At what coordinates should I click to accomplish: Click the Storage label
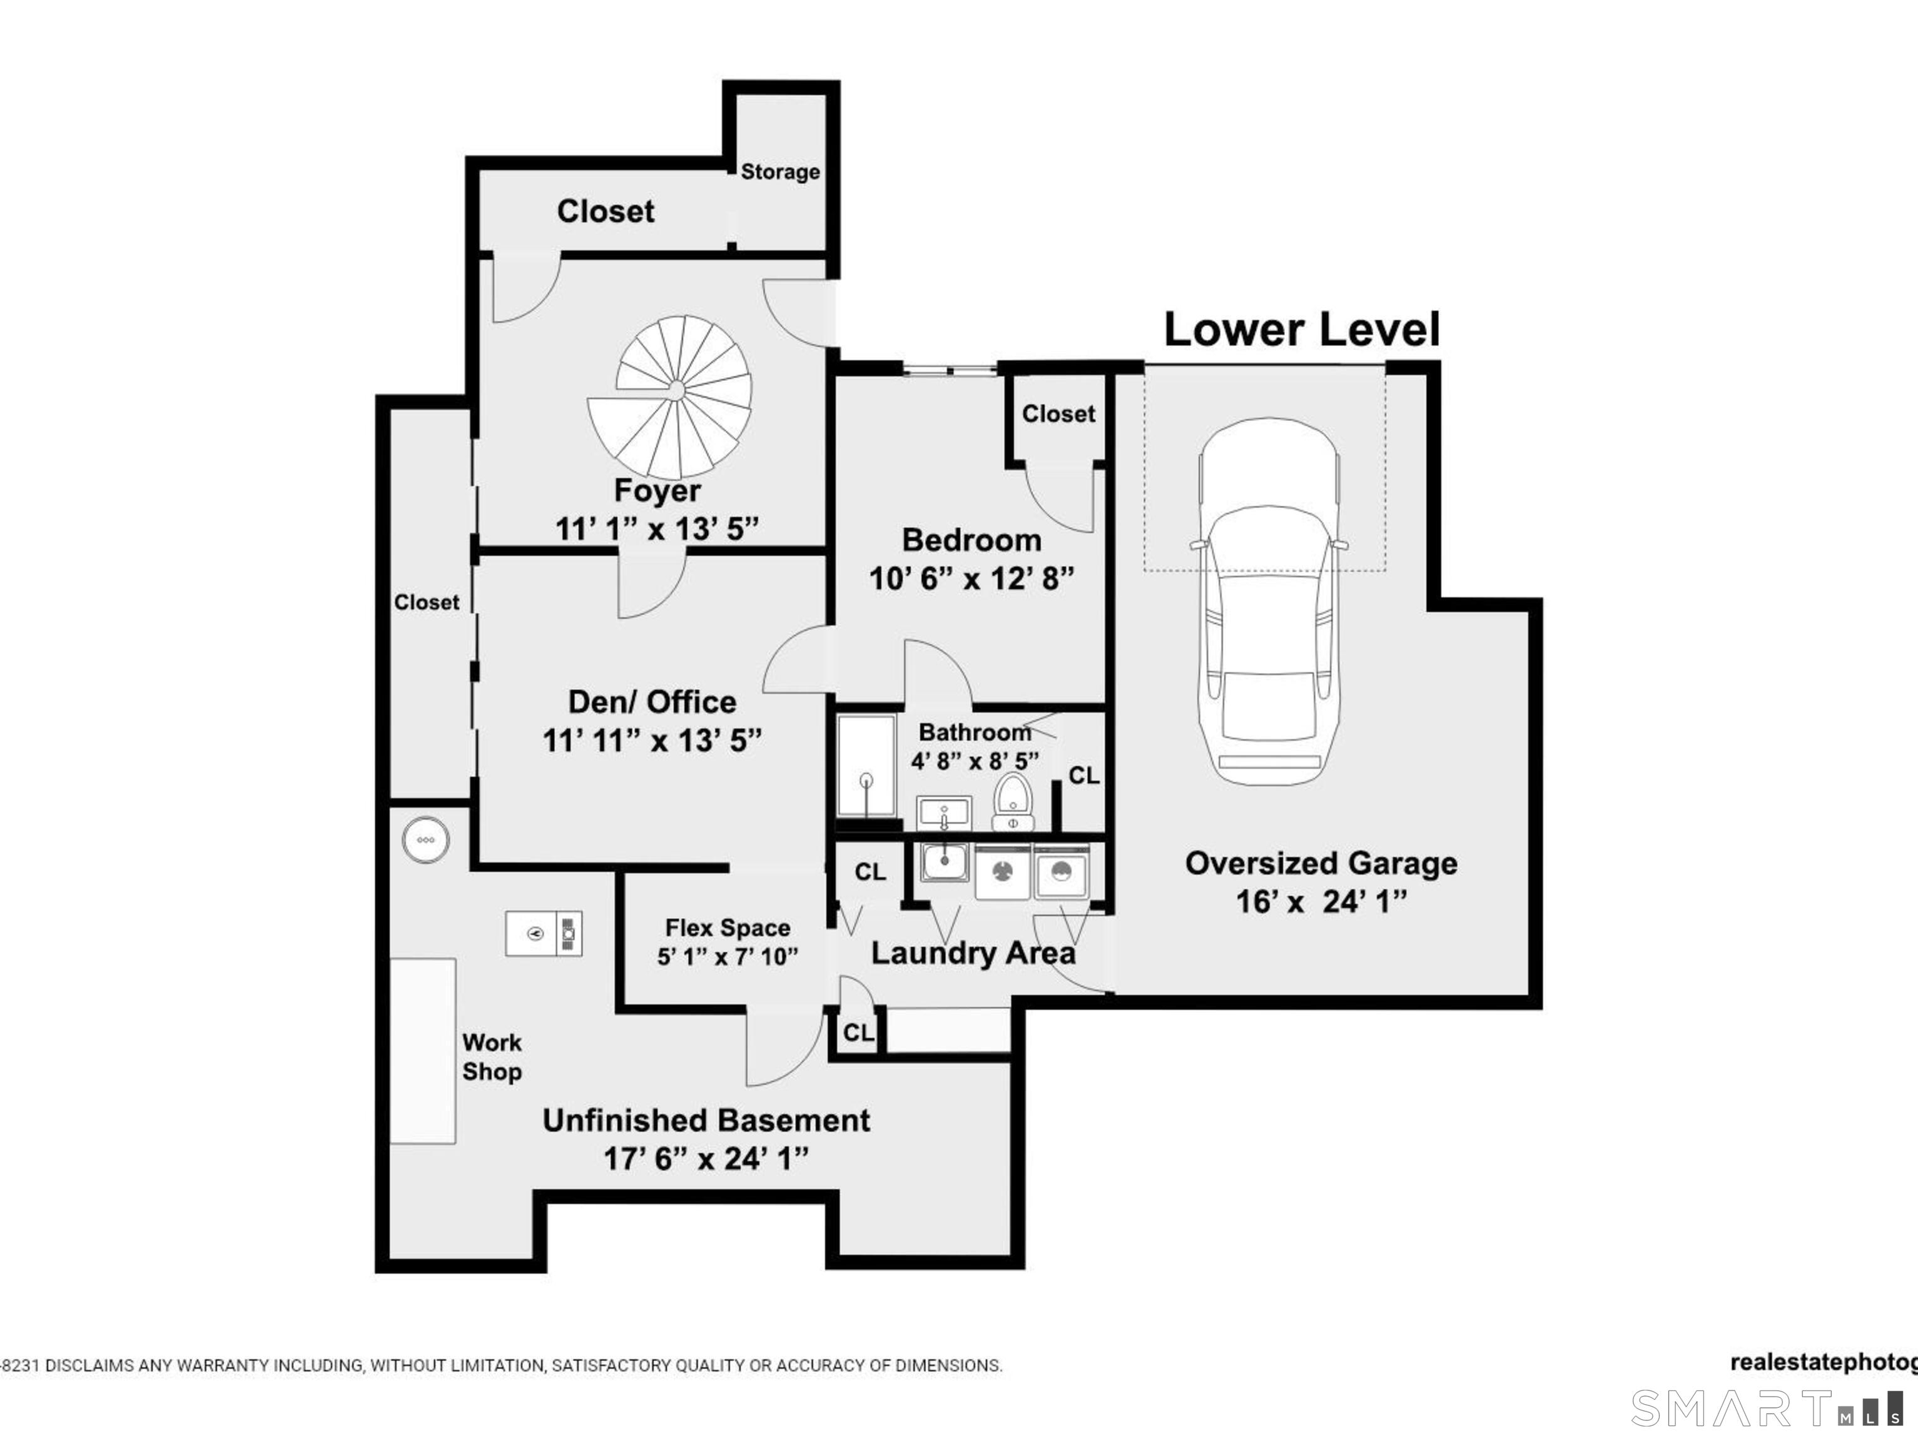tap(779, 171)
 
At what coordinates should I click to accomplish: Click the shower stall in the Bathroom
tap(865, 766)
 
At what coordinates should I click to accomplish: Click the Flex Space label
tap(728, 928)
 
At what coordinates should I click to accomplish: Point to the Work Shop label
tap(492, 1057)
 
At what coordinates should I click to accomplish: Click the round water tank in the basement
tap(426, 840)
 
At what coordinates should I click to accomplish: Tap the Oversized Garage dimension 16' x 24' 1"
tap(1321, 902)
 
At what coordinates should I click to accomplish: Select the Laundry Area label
tap(972, 954)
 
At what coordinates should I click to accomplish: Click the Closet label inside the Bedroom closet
tap(1058, 413)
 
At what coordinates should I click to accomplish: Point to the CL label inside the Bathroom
tap(1083, 775)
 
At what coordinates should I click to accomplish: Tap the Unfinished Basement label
tap(706, 1120)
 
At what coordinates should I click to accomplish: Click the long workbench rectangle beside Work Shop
tap(422, 1051)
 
